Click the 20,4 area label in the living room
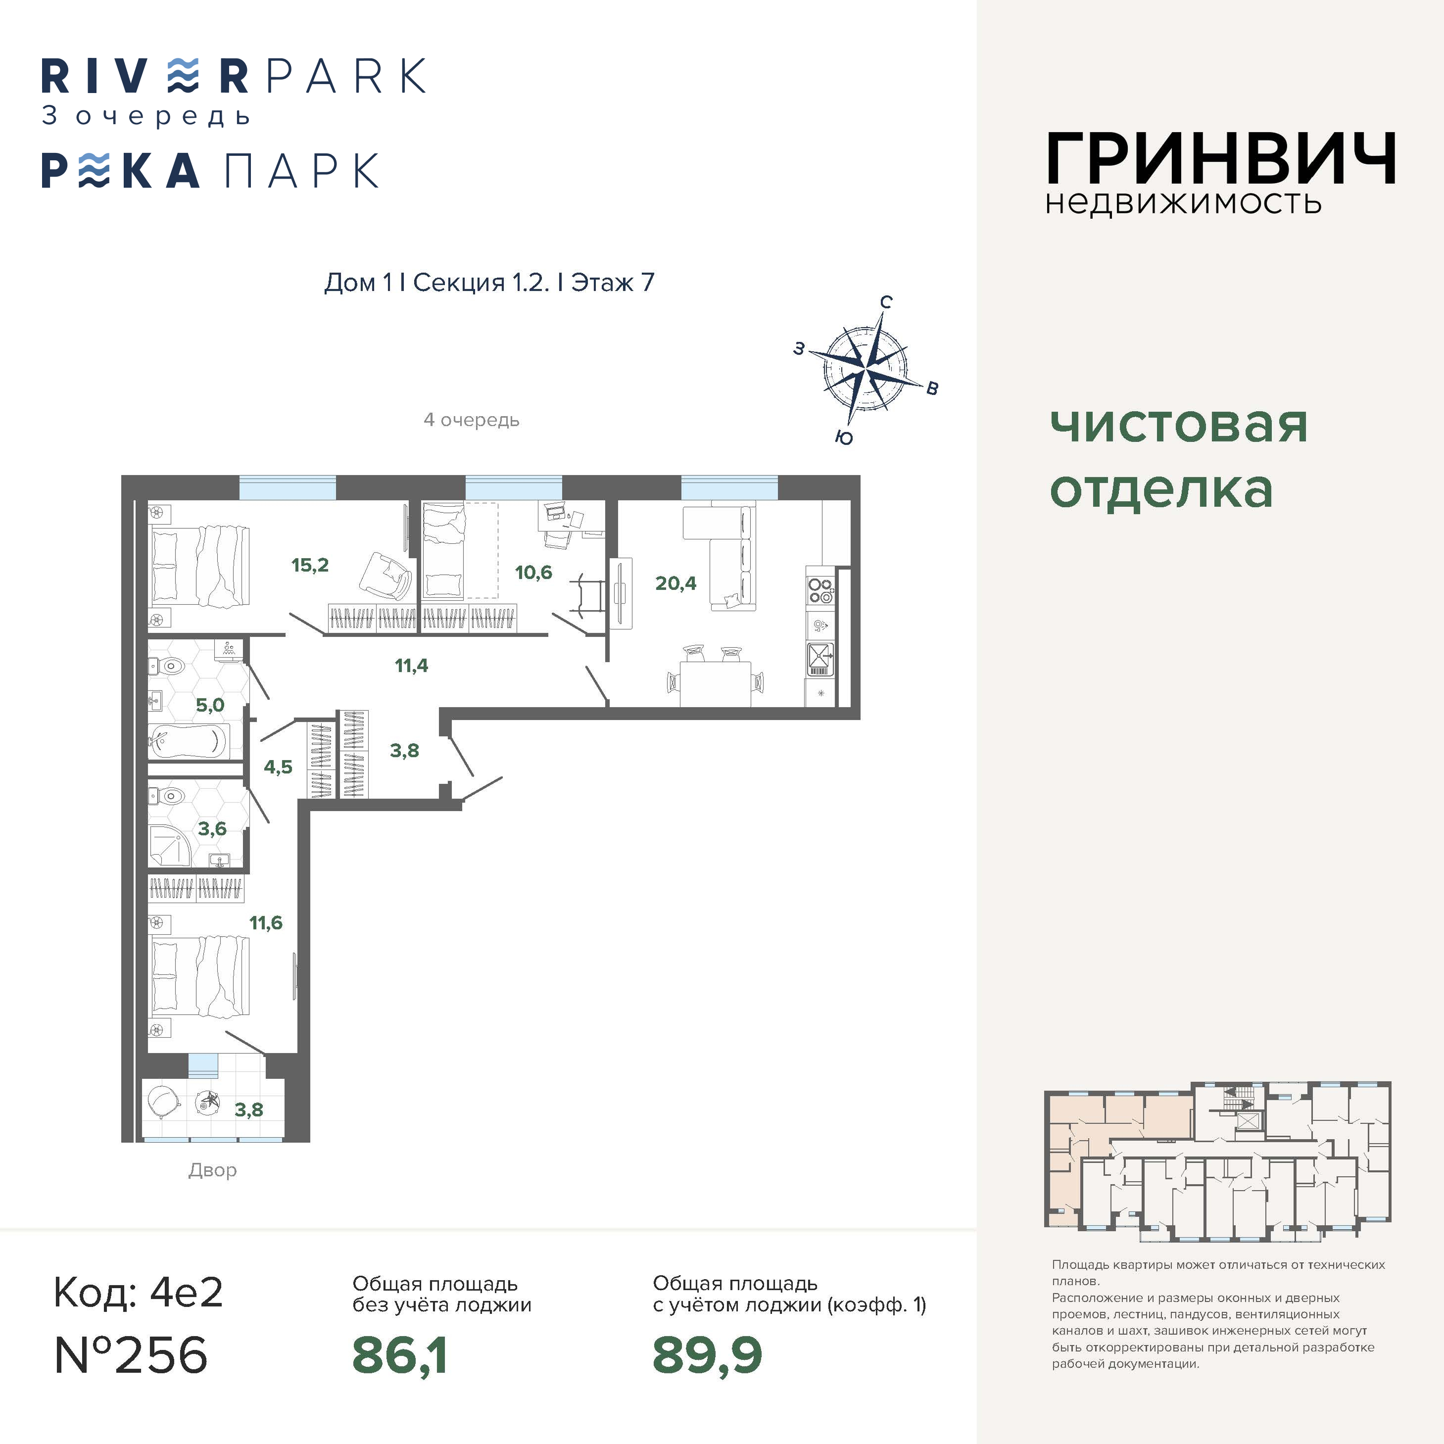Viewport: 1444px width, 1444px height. (675, 583)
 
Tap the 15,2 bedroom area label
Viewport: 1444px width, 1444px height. (310, 565)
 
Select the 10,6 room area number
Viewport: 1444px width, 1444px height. (533, 573)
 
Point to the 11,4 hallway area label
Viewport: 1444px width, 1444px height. (411, 665)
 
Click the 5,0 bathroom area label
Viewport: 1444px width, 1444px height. (210, 705)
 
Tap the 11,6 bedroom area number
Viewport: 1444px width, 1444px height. (266, 923)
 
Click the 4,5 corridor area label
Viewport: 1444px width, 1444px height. (278, 767)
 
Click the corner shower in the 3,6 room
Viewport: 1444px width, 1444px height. (169, 848)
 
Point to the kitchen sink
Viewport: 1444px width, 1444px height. (820, 659)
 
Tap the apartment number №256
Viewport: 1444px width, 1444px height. (131, 1355)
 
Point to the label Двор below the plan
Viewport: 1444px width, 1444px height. (212, 1170)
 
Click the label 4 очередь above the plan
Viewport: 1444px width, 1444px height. (471, 420)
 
